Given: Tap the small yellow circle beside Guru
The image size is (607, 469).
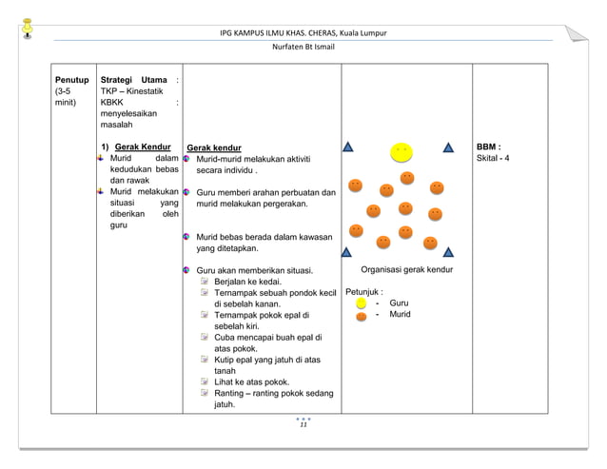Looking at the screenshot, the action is [x=362, y=303].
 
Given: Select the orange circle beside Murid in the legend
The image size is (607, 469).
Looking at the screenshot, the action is [x=362, y=315].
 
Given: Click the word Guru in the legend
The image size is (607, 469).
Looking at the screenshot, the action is [x=400, y=303].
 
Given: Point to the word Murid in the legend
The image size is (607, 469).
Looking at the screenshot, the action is [x=401, y=314].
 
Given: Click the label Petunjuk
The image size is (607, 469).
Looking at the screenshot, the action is [x=363, y=291].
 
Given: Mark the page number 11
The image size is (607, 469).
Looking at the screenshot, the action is [x=303, y=425].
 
